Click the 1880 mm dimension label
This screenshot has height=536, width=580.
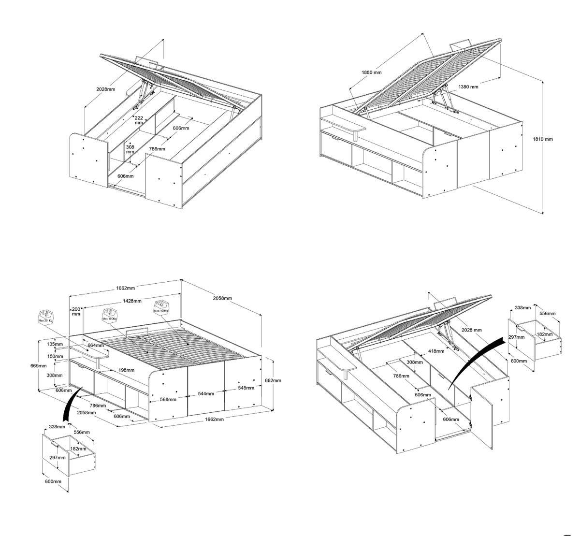[371, 72]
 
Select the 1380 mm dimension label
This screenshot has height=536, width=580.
[468, 87]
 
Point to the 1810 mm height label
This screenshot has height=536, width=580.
[542, 139]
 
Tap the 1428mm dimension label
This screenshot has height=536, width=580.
[131, 301]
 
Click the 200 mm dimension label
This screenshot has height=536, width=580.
[76, 311]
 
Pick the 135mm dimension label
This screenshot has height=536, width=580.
[55, 345]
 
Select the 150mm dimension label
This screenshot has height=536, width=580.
[55, 357]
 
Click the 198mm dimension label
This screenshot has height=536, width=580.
[126, 370]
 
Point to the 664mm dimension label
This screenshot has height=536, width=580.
[96, 346]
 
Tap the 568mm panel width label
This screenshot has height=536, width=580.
[168, 399]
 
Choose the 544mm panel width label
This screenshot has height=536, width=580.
[206, 394]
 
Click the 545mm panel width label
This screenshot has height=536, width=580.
[246, 388]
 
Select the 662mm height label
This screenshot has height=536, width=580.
[273, 380]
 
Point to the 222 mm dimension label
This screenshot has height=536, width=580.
[138, 120]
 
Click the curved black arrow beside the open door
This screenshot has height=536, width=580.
[476, 358]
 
